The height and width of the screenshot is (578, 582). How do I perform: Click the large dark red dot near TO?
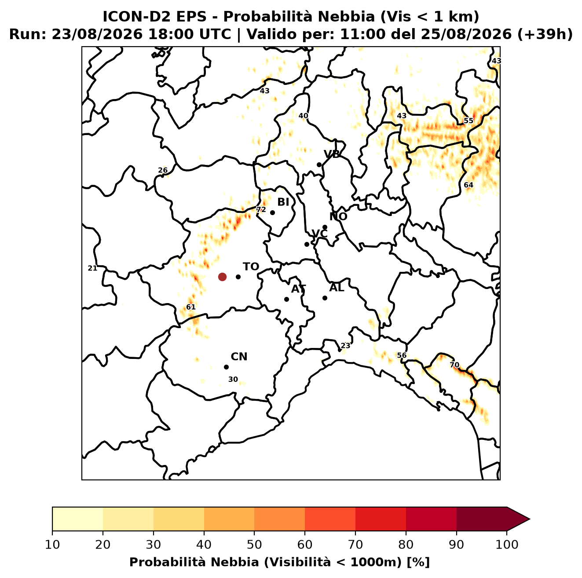[x=222, y=277]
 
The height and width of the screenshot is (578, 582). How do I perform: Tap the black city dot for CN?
[x=226, y=367]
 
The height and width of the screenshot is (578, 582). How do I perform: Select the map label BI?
[x=283, y=202]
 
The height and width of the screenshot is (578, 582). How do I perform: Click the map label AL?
[x=337, y=288]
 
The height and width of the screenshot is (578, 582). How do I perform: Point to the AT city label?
[x=298, y=289]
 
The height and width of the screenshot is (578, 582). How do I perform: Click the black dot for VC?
[x=307, y=244]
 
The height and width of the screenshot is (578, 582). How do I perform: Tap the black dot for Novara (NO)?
[x=325, y=227]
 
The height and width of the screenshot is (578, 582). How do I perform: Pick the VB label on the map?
[x=332, y=154]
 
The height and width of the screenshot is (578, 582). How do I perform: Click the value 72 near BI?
[x=261, y=209]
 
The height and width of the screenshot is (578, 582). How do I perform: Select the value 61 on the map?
[x=190, y=307]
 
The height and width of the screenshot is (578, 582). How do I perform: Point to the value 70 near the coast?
[x=454, y=365]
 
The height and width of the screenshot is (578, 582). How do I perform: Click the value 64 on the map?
[x=469, y=185]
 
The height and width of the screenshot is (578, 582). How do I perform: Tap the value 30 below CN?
[x=233, y=379]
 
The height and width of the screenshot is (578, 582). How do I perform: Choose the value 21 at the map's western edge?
[x=92, y=268]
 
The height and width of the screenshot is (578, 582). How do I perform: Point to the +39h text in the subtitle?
[x=545, y=34]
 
